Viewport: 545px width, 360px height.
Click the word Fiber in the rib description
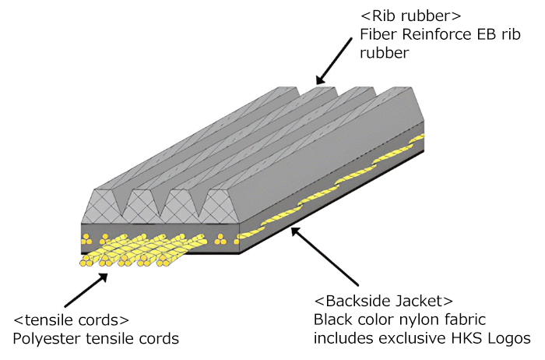coord(378,35)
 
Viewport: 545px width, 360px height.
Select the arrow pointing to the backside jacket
coord(328,256)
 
